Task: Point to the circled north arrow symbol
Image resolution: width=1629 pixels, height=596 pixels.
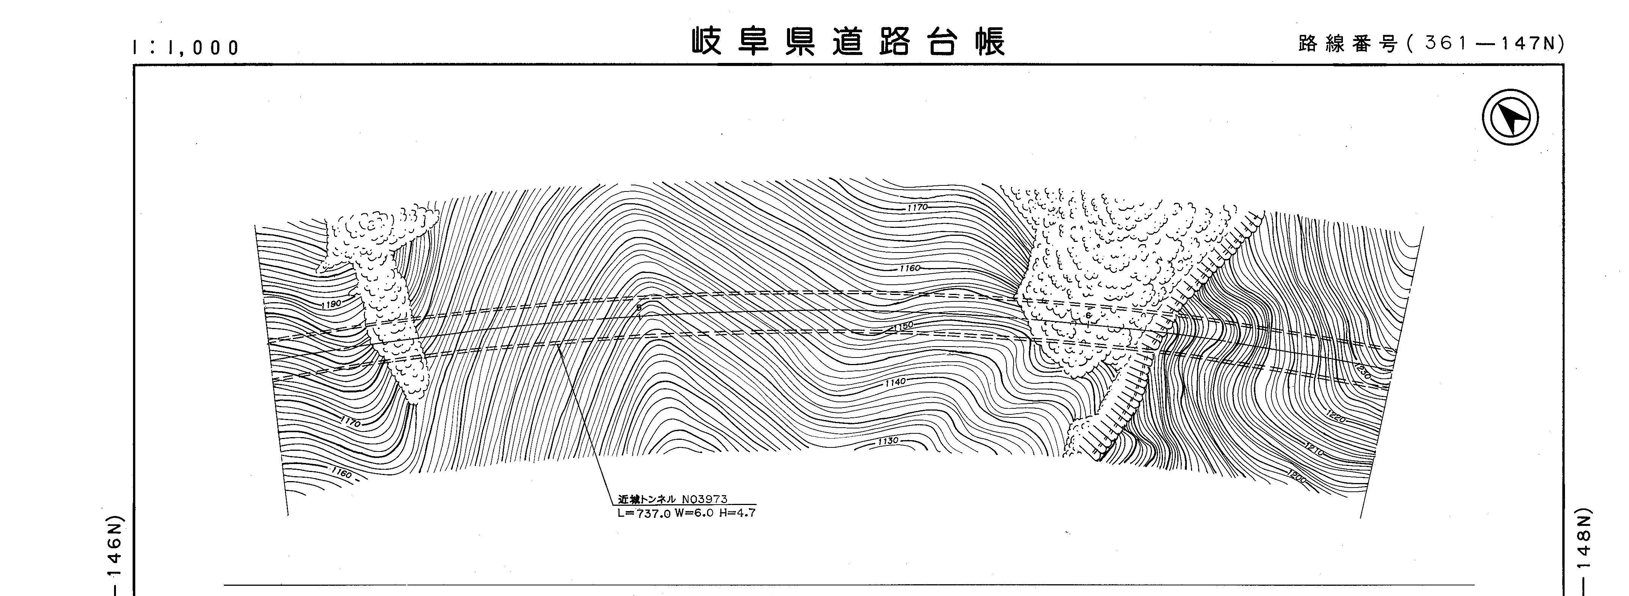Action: (1510, 118)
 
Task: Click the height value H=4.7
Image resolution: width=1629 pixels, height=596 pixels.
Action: (737, 513)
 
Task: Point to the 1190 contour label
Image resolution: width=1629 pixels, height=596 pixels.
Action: (331, 304)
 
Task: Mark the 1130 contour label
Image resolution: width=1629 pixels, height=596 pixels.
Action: (888, 440)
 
